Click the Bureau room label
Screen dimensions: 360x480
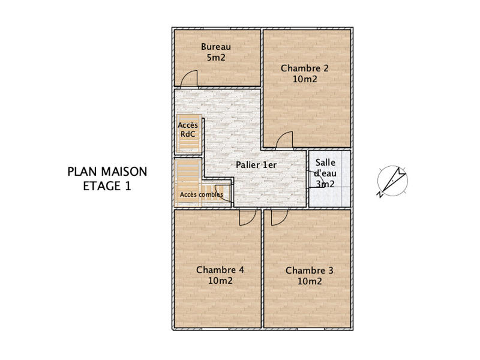click(x=216, y=47)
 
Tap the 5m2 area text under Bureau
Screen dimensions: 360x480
click(x=216, y=58)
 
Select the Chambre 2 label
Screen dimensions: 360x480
click(x=305, y=68)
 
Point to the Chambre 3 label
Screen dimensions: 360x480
click(x=309, y=271)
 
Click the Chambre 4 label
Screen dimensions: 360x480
click(x=220, y=270)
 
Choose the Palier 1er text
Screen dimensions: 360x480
click(x=256, y=164)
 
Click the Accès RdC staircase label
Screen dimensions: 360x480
click(x=188, y=130)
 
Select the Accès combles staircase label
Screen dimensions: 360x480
click(x=202, y=194)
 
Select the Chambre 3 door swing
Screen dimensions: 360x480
click(x=279, y=217)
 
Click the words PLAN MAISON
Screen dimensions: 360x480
click(x=107, y=172)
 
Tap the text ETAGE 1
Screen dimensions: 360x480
click(x=107, y=186)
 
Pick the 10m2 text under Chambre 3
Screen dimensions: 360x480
click(x=309, y=281)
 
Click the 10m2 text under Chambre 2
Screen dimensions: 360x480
click(x=305, y=79)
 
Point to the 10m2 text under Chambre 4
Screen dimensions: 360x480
click(x=220, y=281)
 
